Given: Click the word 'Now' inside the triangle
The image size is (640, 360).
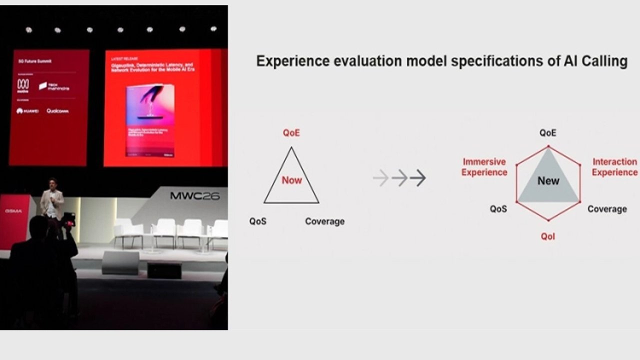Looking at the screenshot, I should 291,180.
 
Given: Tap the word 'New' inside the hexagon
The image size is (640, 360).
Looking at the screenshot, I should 548,181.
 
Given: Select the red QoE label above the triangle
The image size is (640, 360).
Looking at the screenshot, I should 291,133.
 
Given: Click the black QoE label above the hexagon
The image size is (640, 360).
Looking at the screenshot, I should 547,133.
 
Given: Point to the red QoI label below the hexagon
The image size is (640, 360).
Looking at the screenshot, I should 547,236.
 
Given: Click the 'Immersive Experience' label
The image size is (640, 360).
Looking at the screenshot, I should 484,167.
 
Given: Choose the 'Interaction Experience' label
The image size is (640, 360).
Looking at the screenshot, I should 614,167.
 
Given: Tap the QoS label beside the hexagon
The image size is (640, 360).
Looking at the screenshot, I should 498,209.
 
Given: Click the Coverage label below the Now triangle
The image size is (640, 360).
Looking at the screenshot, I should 324,221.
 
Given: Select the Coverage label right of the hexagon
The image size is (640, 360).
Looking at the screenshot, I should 606,209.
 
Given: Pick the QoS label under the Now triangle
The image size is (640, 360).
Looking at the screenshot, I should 258,221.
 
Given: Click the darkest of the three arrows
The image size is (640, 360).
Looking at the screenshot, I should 418,178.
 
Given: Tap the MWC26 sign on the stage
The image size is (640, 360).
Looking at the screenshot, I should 194,195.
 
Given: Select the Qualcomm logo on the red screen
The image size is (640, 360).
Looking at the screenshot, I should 57,111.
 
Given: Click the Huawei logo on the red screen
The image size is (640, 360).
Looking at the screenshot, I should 27,111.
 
